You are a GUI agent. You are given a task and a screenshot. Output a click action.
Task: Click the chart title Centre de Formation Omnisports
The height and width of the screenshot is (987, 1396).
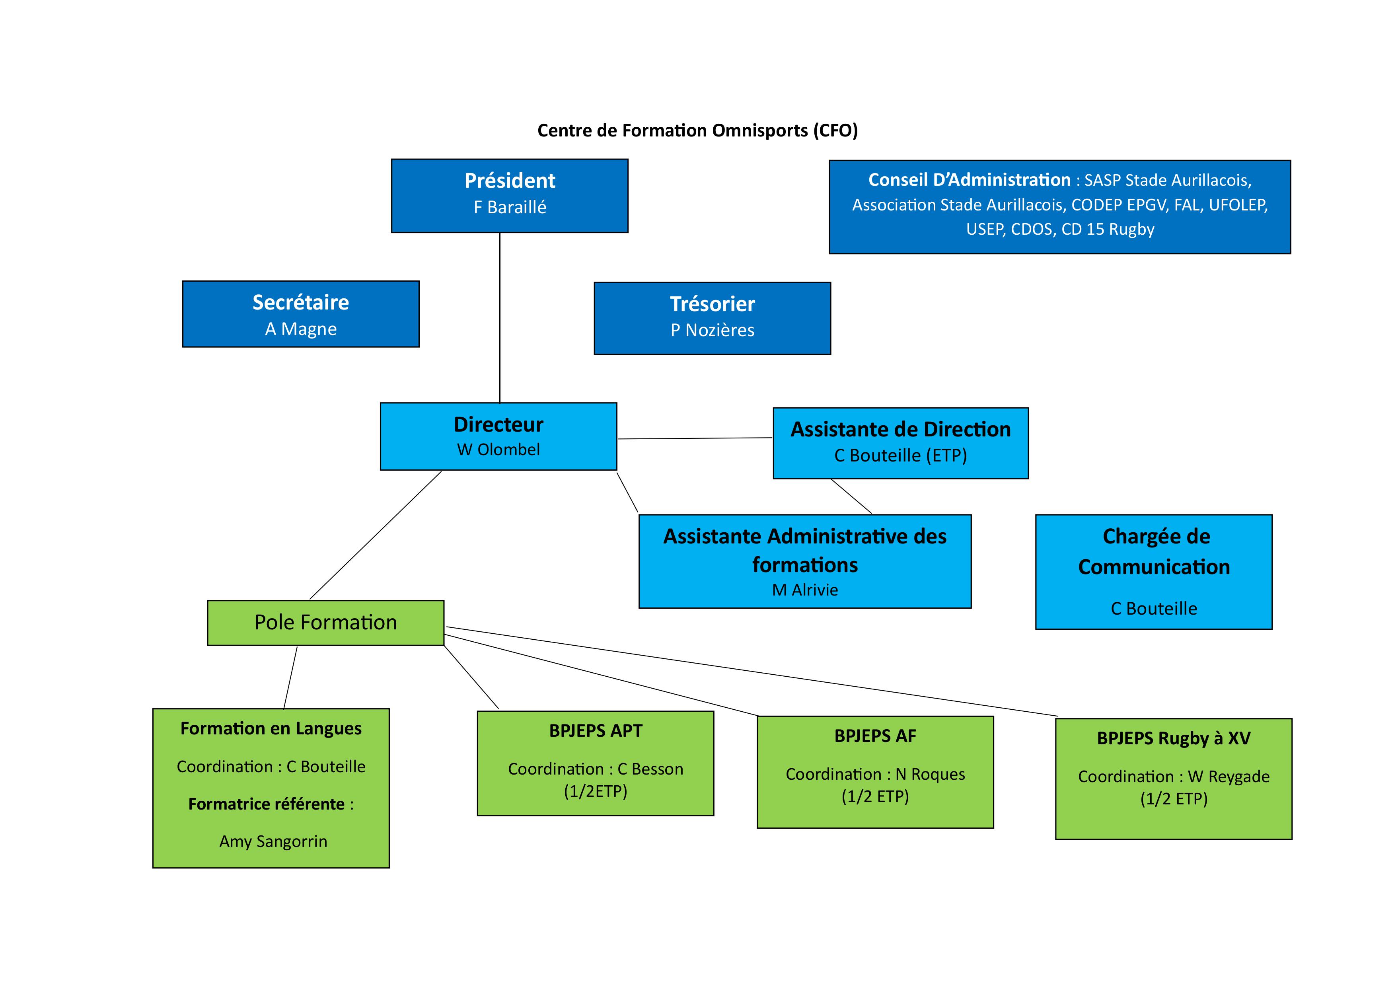coord(697,131)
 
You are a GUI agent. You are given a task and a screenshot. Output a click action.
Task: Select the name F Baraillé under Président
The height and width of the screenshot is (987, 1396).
coord(510,207)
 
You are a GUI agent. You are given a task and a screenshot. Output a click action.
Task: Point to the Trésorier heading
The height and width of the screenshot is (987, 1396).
coord(712,304)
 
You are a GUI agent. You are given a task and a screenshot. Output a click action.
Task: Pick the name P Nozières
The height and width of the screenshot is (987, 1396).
coord(712,330)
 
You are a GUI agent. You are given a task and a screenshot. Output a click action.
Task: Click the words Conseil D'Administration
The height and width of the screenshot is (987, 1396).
coord(969,180)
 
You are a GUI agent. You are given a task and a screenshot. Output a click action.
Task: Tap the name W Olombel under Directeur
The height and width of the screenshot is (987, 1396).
coord(498,450)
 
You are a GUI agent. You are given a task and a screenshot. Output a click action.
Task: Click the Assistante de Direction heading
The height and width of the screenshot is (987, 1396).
coord(900,429)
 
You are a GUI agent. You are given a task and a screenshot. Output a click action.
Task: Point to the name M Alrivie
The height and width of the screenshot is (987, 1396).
coord(804,590)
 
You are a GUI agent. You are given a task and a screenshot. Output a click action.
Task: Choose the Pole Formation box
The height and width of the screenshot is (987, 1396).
coord(325,622)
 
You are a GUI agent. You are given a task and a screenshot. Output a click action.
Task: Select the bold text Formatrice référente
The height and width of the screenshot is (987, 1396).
coord(266,804)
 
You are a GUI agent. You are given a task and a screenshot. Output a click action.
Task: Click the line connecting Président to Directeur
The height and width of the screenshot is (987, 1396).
coord(500,316)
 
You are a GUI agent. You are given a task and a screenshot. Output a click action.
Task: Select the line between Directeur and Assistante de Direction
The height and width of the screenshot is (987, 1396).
coord(694,438)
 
